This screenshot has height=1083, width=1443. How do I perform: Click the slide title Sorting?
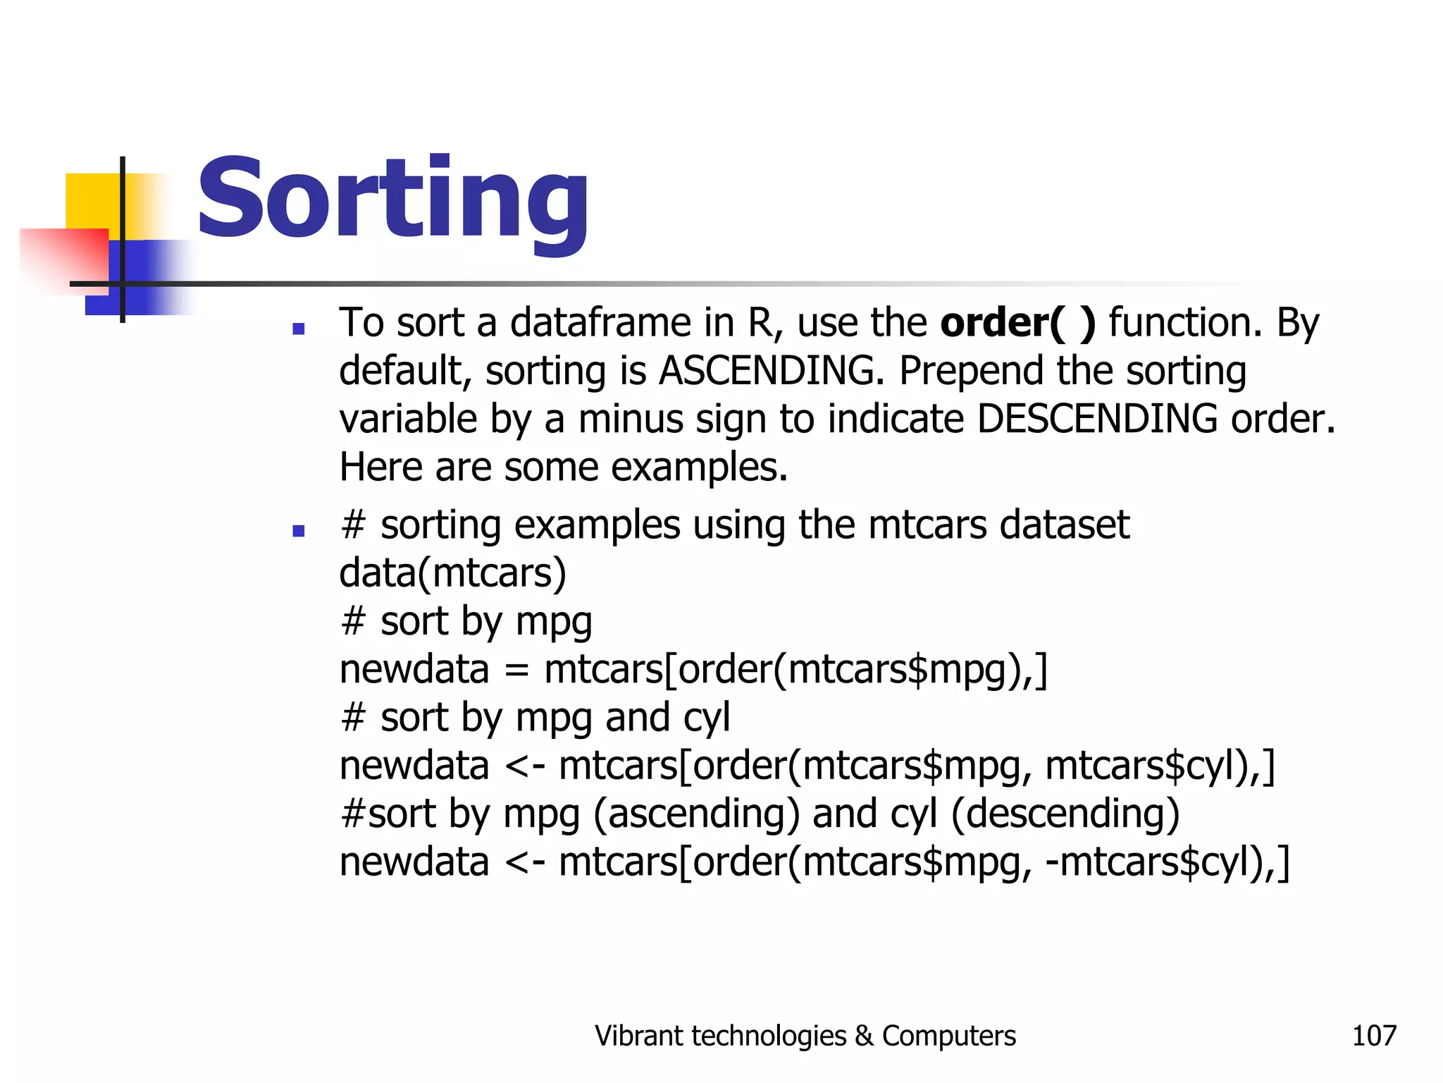[392, 200]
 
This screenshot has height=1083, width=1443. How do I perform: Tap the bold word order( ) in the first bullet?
[1018, 323]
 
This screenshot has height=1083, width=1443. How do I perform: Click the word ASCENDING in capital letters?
[772, 371]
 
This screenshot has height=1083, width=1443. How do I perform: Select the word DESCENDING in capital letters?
[1097, 419]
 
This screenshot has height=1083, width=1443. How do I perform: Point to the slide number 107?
[1374, 1036]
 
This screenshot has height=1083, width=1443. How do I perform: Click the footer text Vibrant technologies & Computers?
[805, 1036]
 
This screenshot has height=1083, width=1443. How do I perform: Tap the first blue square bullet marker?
[298, 329]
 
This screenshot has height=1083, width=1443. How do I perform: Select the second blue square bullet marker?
[298, 531]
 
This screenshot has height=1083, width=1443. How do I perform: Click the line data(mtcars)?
[452, 573]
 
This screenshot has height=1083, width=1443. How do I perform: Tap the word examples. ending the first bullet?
[699, 467]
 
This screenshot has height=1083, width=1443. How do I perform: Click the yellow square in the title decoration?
[92, 201]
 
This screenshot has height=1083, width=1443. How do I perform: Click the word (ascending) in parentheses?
[696, 814]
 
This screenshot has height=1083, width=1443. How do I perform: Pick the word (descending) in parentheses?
[1065, 814]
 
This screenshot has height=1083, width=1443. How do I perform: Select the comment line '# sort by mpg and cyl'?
[535, 718]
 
